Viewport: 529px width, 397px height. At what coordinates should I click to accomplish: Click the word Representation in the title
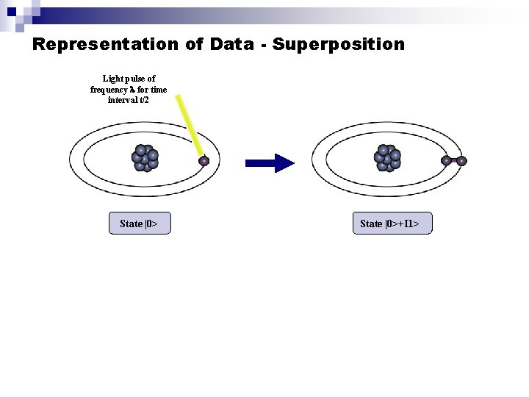tap(105, 45)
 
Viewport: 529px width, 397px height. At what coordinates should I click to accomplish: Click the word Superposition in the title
tap(338, 45)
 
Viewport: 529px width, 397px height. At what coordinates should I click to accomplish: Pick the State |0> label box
tap(140, 223)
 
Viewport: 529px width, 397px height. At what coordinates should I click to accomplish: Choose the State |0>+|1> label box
tap(390, 223)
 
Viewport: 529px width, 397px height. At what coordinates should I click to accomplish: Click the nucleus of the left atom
tap(145, 157)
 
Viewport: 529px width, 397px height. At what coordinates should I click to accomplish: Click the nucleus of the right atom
tap(387, 157)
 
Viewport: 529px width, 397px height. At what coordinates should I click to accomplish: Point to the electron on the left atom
tap(204, 160)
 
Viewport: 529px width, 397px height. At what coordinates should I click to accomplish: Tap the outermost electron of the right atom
tap(461, 160)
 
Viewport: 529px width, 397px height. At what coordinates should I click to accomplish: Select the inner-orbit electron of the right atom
tap(446, 160)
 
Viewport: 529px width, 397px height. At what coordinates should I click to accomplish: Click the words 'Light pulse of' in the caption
tap(129, 78)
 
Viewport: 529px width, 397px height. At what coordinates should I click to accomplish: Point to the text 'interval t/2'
tap(129, 100)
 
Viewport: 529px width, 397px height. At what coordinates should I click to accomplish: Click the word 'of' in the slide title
tap(194, 45)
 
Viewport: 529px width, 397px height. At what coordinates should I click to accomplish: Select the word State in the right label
tap(371, 223)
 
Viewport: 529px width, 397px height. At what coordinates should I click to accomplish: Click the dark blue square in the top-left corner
tap(11, 11)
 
